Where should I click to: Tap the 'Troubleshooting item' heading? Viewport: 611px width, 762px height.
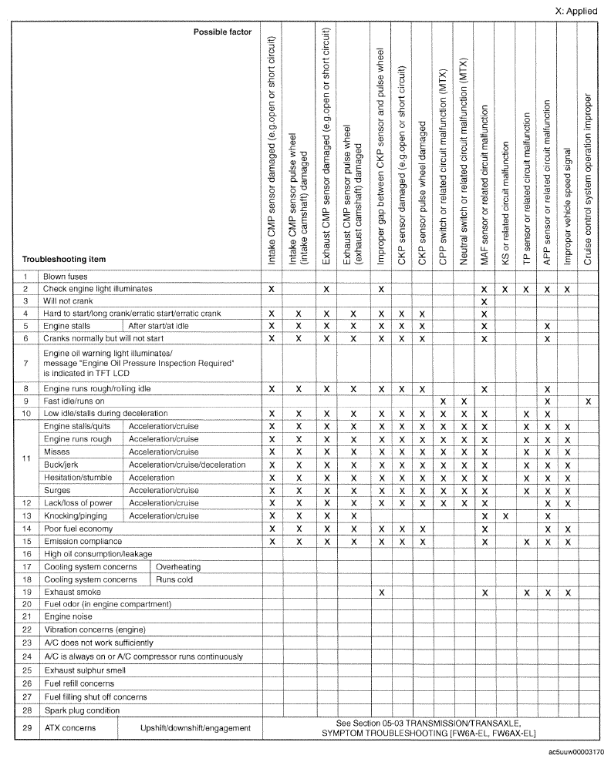[x=64, y=259]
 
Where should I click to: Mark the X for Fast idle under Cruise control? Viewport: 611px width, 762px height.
[x=588, y=402]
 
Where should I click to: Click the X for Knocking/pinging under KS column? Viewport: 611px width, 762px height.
[x=505, y=515]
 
